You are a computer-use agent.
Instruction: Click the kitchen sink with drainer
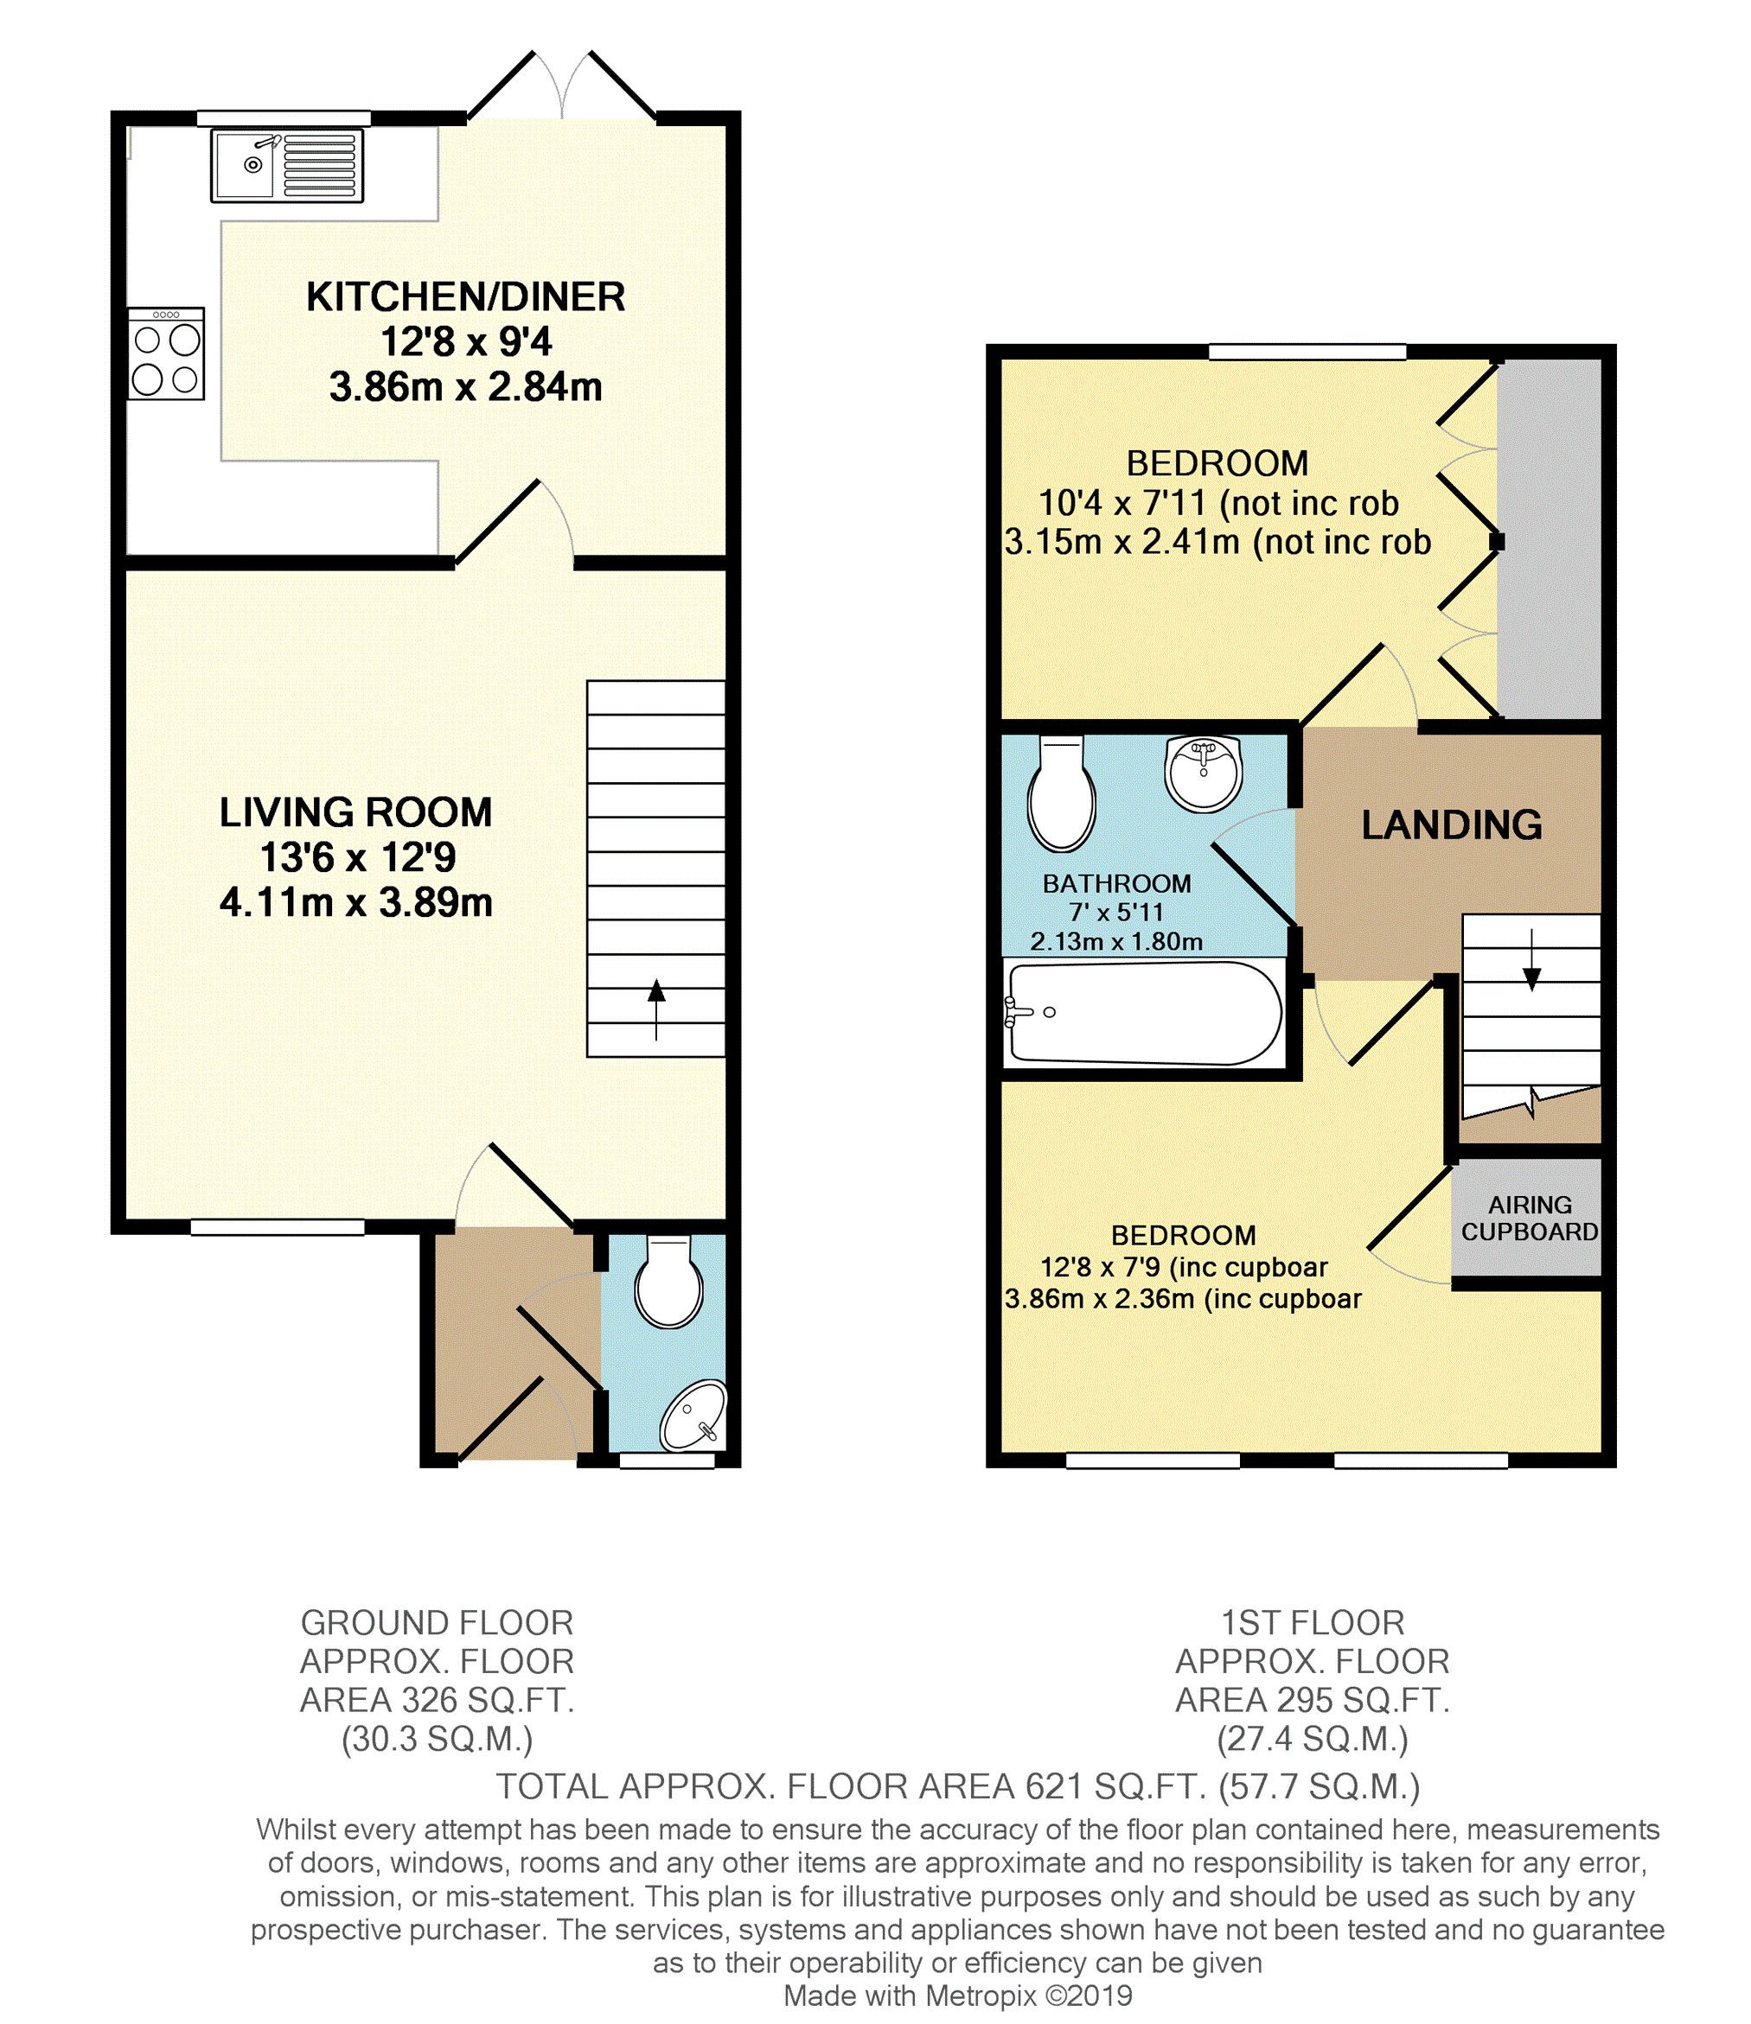pos(287,166)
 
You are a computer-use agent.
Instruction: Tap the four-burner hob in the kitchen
pos(166,353)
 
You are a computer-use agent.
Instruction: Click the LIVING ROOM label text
pos(355,812)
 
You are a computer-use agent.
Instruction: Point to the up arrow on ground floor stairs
pos(656,1009)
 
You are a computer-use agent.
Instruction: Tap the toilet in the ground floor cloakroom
pos(668,1282)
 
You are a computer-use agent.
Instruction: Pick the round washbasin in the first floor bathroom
pos(1203,774)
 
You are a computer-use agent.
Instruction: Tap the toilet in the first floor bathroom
pos(1061,794)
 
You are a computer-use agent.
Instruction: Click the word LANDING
pos(1452,825)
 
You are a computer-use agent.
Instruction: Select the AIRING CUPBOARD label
pos(1531,1218)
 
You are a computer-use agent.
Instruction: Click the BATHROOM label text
pos(1117,884)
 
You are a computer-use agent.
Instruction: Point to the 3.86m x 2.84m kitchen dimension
pos(466,387)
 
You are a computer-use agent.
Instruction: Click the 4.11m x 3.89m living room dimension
pos(355,902)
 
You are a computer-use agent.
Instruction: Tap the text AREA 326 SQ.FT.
pos(437,1700)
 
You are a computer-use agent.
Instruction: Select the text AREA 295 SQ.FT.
pos(1313,1700)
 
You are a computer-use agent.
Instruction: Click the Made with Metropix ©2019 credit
pos(957,1995)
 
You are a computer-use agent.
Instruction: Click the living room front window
pos(278,1228)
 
